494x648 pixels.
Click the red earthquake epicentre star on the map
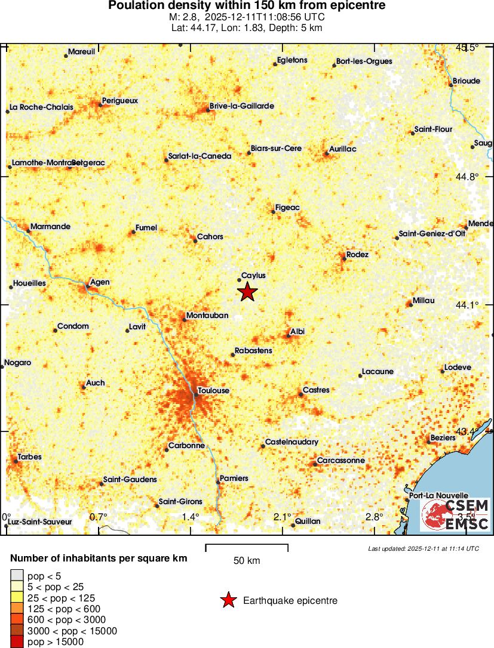(247, 292)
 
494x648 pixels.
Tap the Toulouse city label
(214, 391)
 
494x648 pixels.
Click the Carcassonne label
(340, 461)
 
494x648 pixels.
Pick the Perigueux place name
(119, 101)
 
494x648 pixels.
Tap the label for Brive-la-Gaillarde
(241, 106)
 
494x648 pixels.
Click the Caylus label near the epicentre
(253, 276)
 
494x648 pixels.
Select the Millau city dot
(410, 304)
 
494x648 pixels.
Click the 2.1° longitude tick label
(283, 517)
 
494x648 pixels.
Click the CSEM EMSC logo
(455, 515)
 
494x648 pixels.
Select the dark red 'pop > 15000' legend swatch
(17, 642)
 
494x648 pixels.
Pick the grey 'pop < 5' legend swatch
(17, 576)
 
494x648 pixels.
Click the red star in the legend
(228, 601)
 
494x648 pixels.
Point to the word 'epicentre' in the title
(357, 5)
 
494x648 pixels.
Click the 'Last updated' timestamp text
(423, 548)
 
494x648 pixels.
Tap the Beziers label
(443, 437)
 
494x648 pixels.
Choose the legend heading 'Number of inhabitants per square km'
(99, 558)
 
